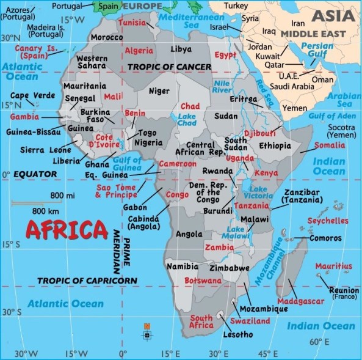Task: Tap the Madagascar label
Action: (300, 301)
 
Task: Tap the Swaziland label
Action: (250, 321)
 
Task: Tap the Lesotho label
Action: (237, 334)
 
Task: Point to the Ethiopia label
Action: (275, 145)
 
